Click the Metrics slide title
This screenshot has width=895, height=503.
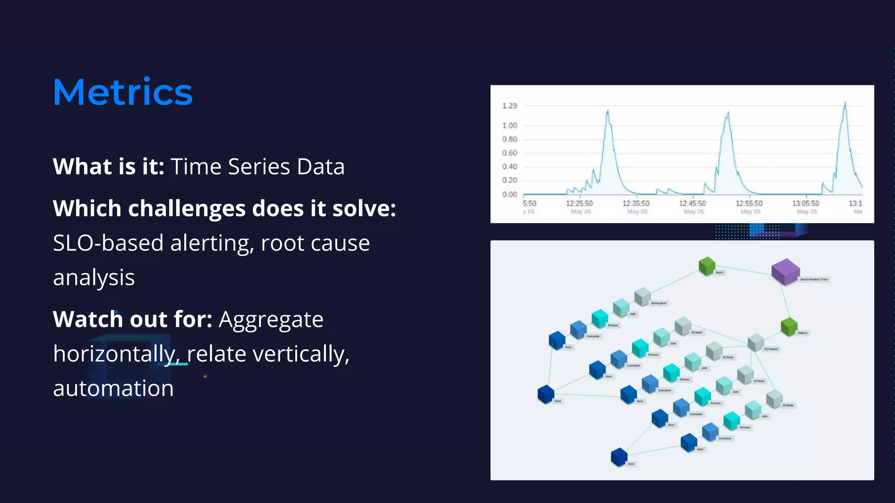122,92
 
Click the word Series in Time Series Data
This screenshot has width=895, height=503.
259,167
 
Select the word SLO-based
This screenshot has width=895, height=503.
108,243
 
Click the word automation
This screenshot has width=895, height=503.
113,388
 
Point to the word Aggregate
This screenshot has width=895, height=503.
271,320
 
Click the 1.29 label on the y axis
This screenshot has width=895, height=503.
509,106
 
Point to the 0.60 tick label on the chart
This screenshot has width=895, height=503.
509,153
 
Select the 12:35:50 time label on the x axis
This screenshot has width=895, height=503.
636,203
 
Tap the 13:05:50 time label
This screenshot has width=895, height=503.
805,203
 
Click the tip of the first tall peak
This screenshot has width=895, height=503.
608,111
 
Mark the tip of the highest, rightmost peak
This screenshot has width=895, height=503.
845,103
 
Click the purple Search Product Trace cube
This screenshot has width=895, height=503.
785,271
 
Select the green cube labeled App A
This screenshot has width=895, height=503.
707,266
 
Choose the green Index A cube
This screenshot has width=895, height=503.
789,327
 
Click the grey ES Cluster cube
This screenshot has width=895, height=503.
756,343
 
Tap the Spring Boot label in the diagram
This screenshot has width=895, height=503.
659,303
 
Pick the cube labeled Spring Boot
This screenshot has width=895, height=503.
642,296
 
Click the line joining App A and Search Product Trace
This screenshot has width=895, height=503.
743,270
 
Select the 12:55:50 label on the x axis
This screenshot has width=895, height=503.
749,203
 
